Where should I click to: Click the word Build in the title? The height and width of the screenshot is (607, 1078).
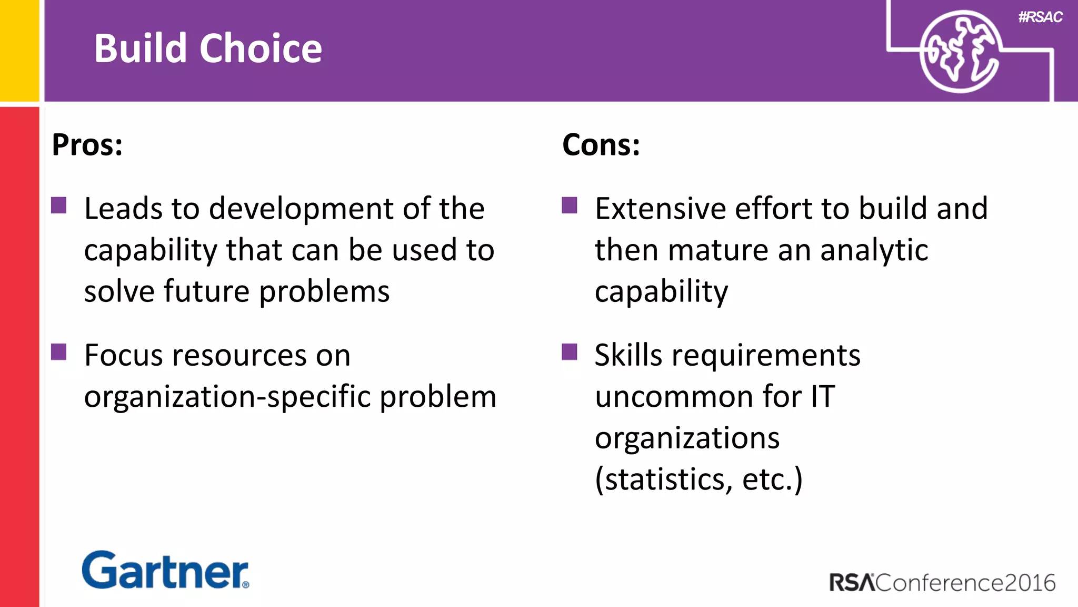tap(141, 48)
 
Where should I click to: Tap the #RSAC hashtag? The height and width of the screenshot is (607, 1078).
tap(1040, 17)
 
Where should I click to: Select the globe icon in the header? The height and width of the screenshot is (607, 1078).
tap(960, 52)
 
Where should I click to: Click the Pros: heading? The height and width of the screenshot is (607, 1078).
tap(87, 145)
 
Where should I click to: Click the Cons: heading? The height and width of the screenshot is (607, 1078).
tap(601, 145)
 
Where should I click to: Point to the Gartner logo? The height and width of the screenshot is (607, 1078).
tap(165, 570)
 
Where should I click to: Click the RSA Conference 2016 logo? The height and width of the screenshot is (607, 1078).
tap(942, 582)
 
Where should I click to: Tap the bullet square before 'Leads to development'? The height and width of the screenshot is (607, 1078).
tap(59, 205)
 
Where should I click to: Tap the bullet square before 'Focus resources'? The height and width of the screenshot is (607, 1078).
tap(59, 351)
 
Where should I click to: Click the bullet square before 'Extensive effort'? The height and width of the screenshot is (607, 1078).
tap(570, 205)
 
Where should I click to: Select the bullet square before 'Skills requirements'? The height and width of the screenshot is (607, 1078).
tap(570, 351)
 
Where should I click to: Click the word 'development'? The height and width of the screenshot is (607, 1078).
tap(302, 209)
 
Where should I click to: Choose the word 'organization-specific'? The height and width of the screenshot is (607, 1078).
tap(227, 397)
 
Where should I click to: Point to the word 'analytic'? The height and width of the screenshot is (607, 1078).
tap(874, 250)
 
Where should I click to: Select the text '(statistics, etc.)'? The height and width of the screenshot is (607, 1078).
tap(698, 479)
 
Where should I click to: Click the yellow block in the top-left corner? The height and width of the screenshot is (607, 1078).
tap(19, 50)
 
